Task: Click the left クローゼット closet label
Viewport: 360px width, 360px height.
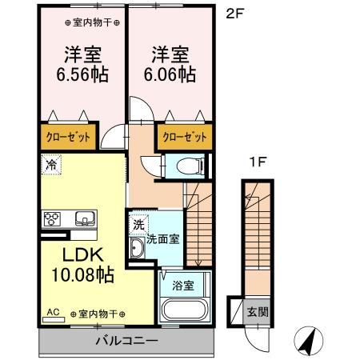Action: point(66,136)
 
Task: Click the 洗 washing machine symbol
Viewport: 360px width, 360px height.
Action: point(138,225)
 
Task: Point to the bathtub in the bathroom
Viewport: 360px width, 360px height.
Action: point(183,310)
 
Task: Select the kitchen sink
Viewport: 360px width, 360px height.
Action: point(84,218)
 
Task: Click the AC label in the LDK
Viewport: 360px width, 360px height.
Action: point(54,313)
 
